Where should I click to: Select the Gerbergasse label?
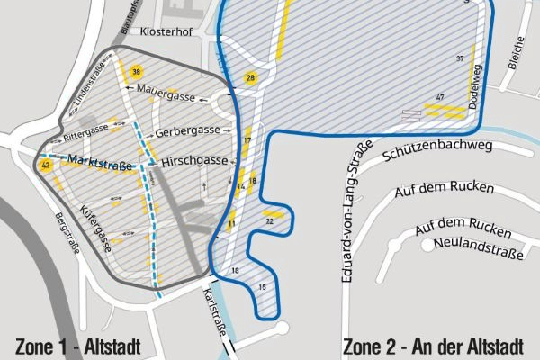click(187, 131)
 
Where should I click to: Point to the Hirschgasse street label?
click(193, 163)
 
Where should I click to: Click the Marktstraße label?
click(100, 164)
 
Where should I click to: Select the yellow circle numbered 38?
click(136, 72)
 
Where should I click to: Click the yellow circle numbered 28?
click(251, 78)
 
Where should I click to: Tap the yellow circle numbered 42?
click(45, 166)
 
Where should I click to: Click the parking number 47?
click(440, 96)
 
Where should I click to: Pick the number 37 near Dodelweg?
click(460, 58)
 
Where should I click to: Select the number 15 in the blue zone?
click(262, 286)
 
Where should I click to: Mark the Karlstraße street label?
click(214, 310)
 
